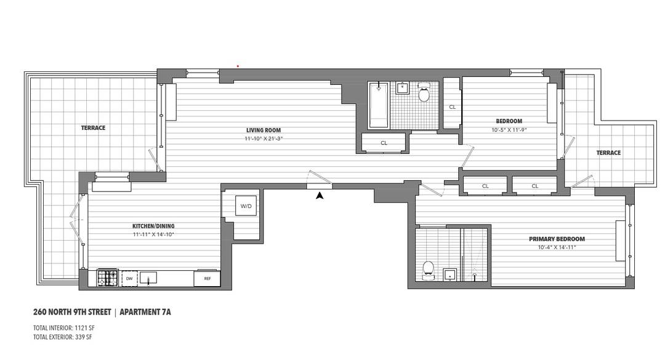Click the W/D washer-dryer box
(246, 206)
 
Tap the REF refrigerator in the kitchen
(207, 279)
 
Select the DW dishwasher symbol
(129, 279)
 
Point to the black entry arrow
(320, 196)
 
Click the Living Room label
(264, 130)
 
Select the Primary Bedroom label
(557, 239)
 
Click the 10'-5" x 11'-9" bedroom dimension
(509, 130)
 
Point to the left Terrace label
(93, 128)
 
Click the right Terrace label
(608, 153)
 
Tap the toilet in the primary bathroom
(429, 270)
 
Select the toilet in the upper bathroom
(424, 94)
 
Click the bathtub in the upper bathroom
(377, 105)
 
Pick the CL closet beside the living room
(384, 143)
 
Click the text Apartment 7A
(145, 312)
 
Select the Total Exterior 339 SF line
(63, 337)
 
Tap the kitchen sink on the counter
(148, 279)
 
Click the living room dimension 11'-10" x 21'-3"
(264, 138)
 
